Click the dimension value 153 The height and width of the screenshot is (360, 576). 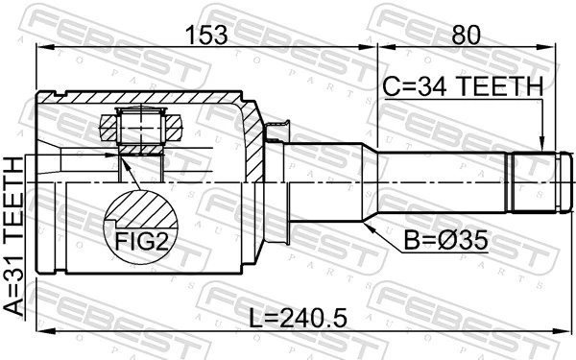(206, 36)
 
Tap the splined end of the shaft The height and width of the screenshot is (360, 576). (533, 182)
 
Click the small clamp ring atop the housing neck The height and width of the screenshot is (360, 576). (281, 128)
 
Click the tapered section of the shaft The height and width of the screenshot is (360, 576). (371, 182)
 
